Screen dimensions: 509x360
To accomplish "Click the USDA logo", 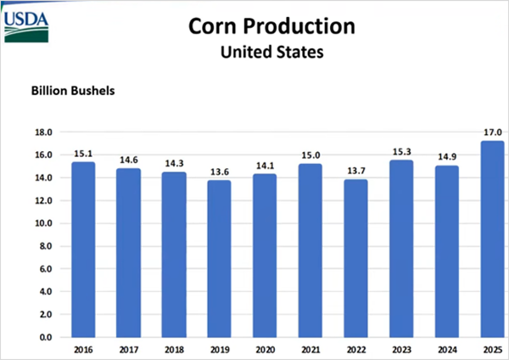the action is (26, 27).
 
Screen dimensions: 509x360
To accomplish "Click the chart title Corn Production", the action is (271, 26).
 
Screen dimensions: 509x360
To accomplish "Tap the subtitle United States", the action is (272, 52).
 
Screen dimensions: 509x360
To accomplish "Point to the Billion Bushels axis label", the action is (73, 91).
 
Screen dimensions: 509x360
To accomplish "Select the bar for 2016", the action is (83, 250).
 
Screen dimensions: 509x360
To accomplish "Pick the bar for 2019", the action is (220, 259).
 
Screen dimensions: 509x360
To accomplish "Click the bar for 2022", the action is (356, 258).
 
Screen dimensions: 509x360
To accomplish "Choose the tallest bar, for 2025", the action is (492, 239).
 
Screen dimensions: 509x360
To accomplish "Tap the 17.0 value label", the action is (493, 132).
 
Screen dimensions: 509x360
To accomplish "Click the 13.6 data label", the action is (220, 172).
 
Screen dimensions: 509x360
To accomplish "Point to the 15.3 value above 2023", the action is (402, 152).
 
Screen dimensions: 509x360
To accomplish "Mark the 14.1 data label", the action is (266, 166).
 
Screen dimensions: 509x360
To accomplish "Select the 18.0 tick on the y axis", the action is (44, 132).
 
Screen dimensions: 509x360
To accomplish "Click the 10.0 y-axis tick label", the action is (44, 223).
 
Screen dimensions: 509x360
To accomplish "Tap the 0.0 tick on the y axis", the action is (46, 338).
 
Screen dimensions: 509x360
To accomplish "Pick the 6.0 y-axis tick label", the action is (46, 269).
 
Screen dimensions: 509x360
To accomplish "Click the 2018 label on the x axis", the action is (174, 350).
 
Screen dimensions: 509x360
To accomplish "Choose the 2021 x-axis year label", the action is (310, 350).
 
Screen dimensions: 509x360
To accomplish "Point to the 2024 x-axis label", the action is (447, 350).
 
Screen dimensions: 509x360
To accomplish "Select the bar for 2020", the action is (265, 256).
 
